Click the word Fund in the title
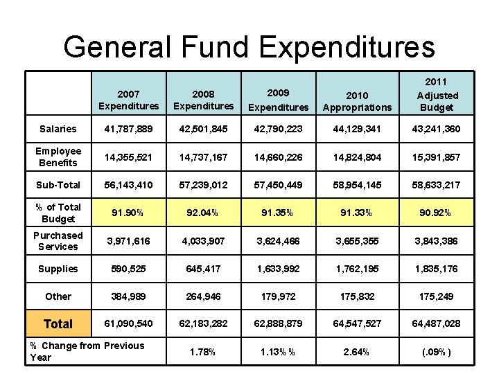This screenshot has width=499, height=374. (x=214, y=47)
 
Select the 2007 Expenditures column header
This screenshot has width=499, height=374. (x=129, y=100)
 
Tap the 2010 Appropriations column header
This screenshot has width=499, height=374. (x=357, y=101)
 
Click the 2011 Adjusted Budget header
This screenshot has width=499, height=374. (x=437, y=94)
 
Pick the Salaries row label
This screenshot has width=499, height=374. (x=58, y=129)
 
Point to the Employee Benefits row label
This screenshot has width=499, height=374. (x=58, y=157)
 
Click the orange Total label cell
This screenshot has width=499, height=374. (x=58, y=323)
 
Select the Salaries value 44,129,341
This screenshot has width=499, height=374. (x=357, y=129)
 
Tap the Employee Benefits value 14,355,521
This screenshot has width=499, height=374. (x=129, y=157)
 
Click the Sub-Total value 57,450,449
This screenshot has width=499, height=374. (x=278, y=185)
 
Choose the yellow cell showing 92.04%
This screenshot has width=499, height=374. (x=203, y=213)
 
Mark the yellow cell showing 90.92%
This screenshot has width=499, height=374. (x=437, y=213)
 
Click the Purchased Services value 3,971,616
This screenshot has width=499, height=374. (x=129, y=241)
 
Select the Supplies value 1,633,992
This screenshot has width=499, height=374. (x=278, y=269)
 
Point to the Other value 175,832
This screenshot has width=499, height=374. (x=357, y=296)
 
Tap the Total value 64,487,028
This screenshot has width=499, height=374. (x=437, y=323)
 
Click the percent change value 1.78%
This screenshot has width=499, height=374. (x=202, y=352)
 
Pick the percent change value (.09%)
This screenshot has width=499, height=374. (x=437, y=352)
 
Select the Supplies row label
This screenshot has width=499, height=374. (x=58, y=269)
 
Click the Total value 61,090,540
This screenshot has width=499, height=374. (x=129, y=323)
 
